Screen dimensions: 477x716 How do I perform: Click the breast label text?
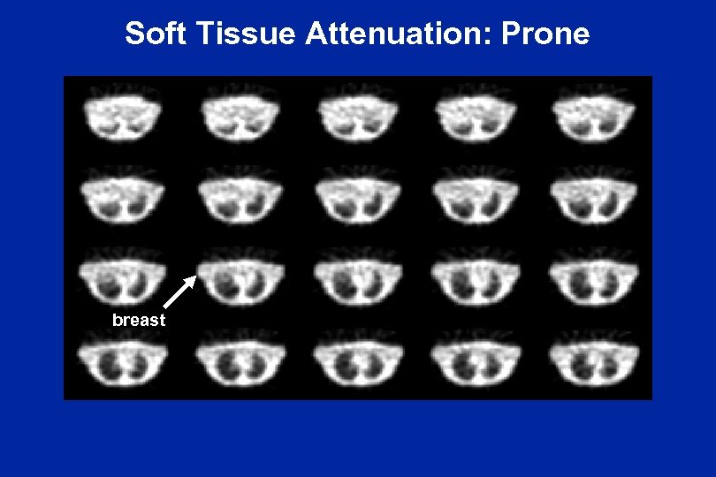click(139, 320)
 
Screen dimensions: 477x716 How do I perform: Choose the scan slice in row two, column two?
click(240, 198)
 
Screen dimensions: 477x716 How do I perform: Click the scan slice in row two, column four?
click(475, 198)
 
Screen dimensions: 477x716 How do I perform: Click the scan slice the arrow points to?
click(240, 276)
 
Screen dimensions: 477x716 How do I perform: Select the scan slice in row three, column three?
click(357, 276)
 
